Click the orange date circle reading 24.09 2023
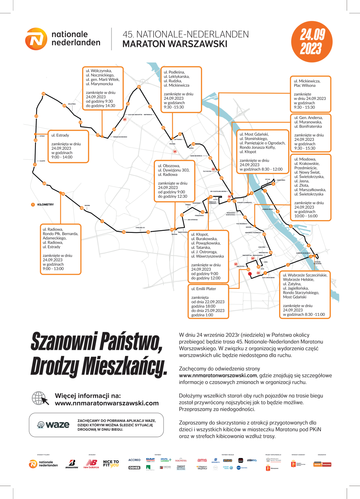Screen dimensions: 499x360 coord(311,42)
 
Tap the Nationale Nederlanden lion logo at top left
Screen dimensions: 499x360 coord(36,39)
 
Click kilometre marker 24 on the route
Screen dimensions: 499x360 coord(43,94)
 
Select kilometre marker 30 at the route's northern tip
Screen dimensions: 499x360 coord(139,87)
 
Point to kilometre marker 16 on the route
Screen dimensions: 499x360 coord(124,232)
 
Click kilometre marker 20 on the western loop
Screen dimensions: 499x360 coord(44,183)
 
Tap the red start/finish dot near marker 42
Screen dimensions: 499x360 coord(250,274)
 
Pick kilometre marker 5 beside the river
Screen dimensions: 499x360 coord(291,226)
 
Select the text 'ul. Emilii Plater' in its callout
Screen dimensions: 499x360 coord(203,289)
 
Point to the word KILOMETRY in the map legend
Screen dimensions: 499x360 coord(46,205)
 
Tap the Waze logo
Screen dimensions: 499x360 coord(54,424)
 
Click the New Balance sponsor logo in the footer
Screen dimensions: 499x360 coord(91,464)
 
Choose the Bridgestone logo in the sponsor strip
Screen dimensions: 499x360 coord(72,464)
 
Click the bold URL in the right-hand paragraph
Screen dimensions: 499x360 coord(218,376)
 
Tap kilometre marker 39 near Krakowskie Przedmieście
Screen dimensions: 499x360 coord(264,235)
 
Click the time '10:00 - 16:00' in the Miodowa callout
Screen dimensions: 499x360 coord(306,216)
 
